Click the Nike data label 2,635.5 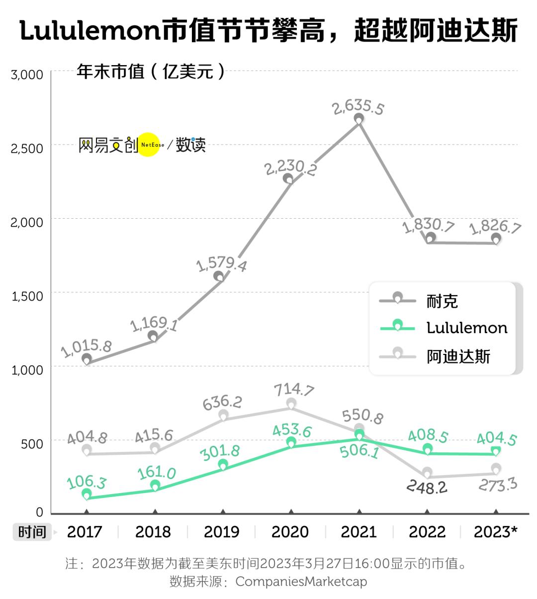[x=358, y=106]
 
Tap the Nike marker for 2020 [x=288, y=179]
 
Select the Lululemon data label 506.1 [x=359, y=451]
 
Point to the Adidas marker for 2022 [x=427, y=472]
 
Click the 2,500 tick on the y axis [x=27, y=148]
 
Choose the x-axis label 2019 [x=222, y=532]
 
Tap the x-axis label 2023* [x=495, y=532]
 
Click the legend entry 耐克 [x=442, y=301]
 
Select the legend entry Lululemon [x=467, y=328]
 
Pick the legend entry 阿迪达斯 [x=458, y=356]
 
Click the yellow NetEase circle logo [x=149, y=145]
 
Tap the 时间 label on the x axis [x=32, y=532]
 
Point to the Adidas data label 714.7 [x=294, y=389]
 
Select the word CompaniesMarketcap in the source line [x=301, y=581]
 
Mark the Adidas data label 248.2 [x=427, y=487]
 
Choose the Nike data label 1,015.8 [x=86, y=347]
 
